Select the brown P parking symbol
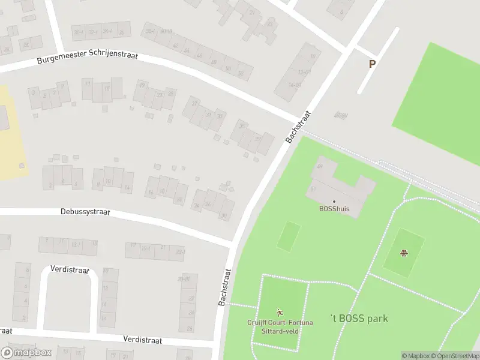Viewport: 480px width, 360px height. [x=372, y=64]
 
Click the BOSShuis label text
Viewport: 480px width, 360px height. [x=334, y=209]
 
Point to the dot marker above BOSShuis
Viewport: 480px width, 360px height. [x=334, y=202]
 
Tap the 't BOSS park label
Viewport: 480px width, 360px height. [x=359, y=319]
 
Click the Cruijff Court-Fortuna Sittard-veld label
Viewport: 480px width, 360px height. [x=280, y=326]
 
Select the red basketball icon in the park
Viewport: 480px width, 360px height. [x=404, y=252]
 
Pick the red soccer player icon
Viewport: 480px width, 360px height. [x=279, y=312]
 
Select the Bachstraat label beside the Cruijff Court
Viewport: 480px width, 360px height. [x=226, y=287]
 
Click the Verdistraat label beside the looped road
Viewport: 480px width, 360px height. [x=70, y=269]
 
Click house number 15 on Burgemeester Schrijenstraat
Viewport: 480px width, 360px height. [x=106, y=89]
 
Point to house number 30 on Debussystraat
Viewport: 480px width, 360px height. [x=224, y=215]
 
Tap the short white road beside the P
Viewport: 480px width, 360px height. [x=379, y=60]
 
